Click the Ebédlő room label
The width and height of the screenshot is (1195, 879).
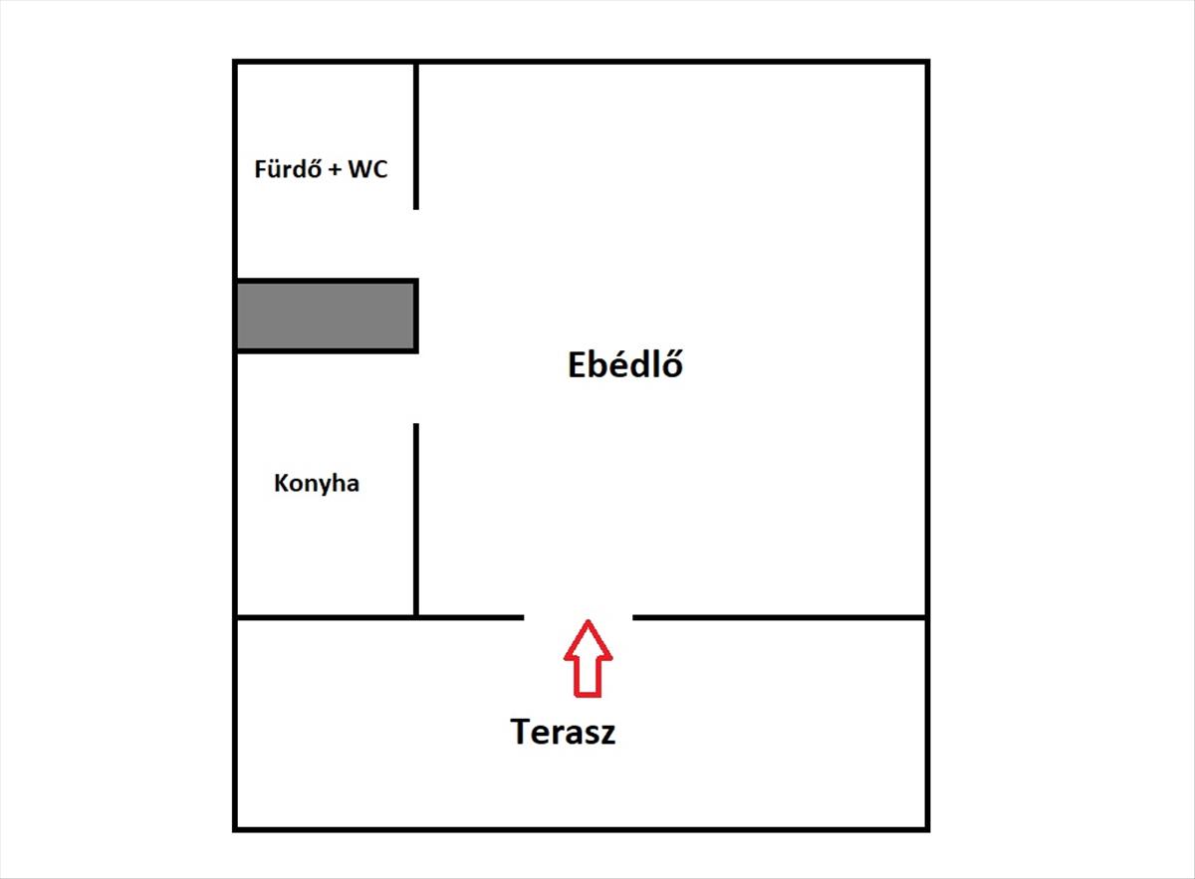624,364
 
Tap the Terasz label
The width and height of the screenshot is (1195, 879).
563,732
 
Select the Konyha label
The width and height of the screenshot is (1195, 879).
317,484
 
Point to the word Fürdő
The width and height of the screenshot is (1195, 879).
288,168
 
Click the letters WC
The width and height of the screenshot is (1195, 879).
367,169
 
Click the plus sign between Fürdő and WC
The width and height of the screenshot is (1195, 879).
335,170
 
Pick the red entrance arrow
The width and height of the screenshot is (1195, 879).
588,658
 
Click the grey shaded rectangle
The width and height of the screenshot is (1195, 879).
326,316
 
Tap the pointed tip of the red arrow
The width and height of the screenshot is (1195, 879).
588,620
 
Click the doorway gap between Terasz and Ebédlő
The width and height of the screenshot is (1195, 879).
579,617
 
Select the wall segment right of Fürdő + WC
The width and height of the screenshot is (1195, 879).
416,136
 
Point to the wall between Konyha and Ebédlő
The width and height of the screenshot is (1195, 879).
416,520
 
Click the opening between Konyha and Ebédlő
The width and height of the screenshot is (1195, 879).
416,388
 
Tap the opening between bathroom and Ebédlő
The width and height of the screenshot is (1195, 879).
416,244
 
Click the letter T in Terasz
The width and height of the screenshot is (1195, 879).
521,732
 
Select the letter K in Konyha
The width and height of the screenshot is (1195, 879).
281,483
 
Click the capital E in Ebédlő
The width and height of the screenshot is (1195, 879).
577,364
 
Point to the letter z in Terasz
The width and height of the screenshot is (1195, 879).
607,735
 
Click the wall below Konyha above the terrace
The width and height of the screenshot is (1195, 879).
326,617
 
